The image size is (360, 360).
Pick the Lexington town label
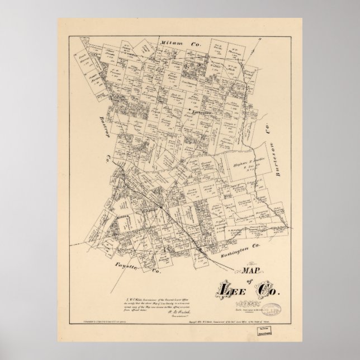coord(202,113)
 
